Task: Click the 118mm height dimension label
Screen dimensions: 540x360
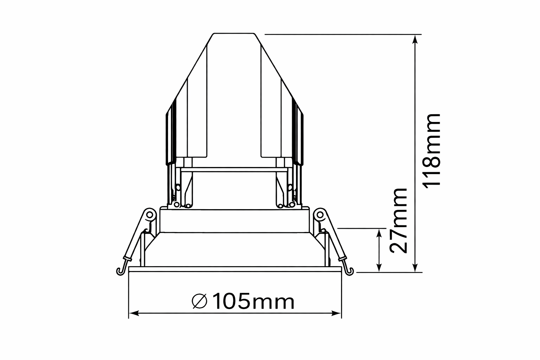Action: (x=432, y=151)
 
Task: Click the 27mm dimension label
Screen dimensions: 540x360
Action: (x=398, y=221)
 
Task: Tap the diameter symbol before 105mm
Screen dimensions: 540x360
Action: (x=200, y=301)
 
